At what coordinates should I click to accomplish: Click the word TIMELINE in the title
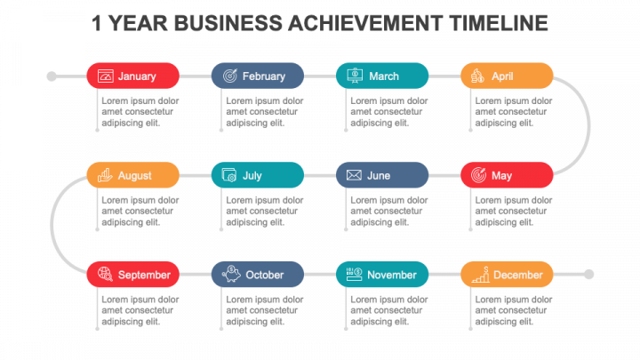click(x=499, y=23)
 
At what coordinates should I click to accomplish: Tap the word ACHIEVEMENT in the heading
click(x=365, y=23)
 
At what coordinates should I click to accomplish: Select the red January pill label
click(x=133, y=76)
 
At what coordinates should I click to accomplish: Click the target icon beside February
click(x=230, y=76)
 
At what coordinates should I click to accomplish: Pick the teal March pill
click(x=382, y=76)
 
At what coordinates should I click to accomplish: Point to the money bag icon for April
click(x=477, y=76)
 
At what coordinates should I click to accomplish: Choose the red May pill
click(x=507, y=175)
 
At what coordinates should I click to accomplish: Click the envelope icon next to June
click(x=354, y=175)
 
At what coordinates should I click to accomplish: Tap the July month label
click(x=252, y=175)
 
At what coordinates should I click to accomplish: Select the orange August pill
click(x=133, y=175)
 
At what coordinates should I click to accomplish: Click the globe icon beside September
click(x=105, y=274)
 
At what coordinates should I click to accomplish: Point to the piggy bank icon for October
click(x=231, y=274)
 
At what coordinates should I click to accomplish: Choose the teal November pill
click(x=382, y=275)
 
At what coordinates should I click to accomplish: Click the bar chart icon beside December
click(x=481, y=275)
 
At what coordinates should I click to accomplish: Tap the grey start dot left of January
click(x=52, y=76)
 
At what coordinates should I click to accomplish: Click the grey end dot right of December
click(x=588, y=275)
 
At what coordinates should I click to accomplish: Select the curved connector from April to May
click(x=588, y=125)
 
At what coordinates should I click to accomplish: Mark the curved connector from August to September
click(x=52, y=225)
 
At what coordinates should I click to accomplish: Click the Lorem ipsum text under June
click(x=389, y=211)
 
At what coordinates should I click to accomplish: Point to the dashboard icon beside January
click(x=105, y=76)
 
